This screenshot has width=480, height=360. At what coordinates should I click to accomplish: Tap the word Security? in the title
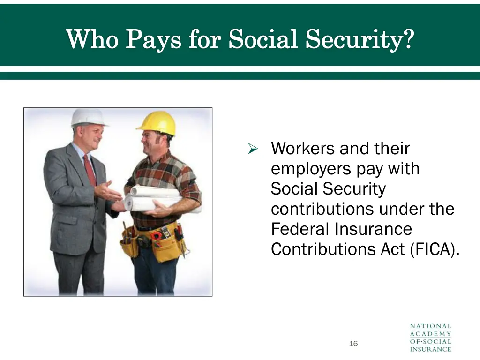pos(360,38)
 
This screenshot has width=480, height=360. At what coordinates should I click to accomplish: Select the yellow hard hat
pos(157,123)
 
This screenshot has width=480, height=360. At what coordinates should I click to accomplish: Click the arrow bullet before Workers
pos(253,150)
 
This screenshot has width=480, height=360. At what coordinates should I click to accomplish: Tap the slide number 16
pos(353,344)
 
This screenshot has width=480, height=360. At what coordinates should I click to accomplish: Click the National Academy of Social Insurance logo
pos(430,337)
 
